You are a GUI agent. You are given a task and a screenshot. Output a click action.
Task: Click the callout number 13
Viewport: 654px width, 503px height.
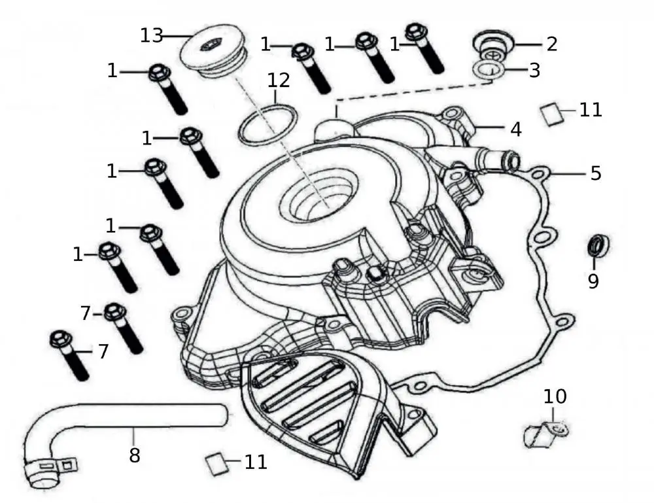pos(151,35)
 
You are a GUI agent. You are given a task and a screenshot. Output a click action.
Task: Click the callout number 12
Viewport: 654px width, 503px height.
pos(279,81)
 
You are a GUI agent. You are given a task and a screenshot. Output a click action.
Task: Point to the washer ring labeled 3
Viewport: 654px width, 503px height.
pos(488,69)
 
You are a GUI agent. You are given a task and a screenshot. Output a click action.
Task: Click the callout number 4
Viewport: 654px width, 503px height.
pos(516,129)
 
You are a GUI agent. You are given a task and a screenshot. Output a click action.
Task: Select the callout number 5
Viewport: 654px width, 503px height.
pos(595,173)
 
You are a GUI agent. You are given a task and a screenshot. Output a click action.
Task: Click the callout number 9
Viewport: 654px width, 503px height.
pos(593,281)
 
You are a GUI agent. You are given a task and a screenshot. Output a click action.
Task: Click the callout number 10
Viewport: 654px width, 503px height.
pos(555,396)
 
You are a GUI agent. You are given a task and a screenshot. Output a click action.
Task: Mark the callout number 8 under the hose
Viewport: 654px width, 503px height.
pos(134,455)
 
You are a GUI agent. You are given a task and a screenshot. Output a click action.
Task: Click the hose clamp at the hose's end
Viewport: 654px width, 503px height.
pos(46,472)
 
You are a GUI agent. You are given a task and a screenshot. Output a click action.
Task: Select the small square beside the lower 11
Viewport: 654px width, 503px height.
pos(216,463)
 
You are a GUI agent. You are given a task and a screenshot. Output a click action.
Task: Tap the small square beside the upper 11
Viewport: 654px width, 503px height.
pos(553,115)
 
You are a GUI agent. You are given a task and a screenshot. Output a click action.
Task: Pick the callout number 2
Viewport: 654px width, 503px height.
pos(553,44)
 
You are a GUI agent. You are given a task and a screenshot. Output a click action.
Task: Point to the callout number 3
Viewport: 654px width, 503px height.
pos(535,70)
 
